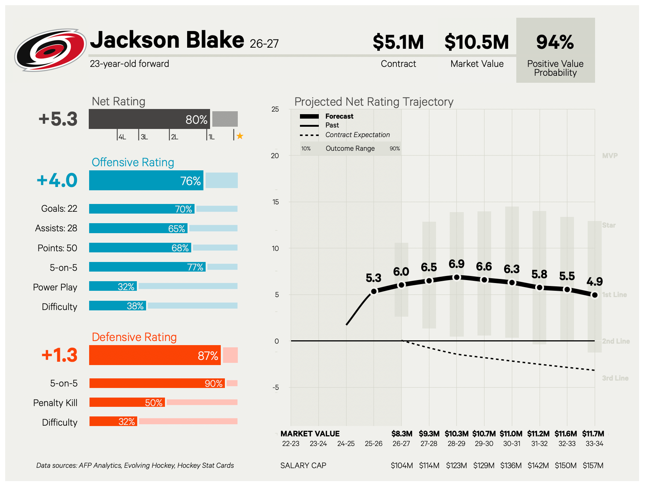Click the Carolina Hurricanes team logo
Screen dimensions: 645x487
coord(51,50)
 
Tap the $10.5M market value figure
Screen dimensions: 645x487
coord(477,42)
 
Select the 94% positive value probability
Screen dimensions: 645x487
coord(555,42)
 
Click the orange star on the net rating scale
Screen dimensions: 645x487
coord(240,136)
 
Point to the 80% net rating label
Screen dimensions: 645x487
coord(196,119)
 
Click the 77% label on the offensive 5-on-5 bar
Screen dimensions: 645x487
coord(195,267)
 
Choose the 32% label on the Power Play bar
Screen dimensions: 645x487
coord(126,286)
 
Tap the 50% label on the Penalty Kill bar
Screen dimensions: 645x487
coord(154,402)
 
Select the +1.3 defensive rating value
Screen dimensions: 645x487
coord(60,355)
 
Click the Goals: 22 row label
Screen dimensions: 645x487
coord(59,208)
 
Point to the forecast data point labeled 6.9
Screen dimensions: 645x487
coord(457,277)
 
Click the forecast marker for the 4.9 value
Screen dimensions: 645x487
coord(595,295)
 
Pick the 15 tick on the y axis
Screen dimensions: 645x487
coord(275,202)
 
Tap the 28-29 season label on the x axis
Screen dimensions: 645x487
coord(456,443)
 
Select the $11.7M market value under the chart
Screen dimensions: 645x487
coord(593,433)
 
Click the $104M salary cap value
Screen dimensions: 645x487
coord(402,465)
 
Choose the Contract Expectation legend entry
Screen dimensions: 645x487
coord(357,135)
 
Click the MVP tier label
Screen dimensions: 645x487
coord(610,156)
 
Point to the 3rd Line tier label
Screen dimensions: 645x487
coord(615,378)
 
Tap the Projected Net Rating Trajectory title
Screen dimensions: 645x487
coord(374,102)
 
